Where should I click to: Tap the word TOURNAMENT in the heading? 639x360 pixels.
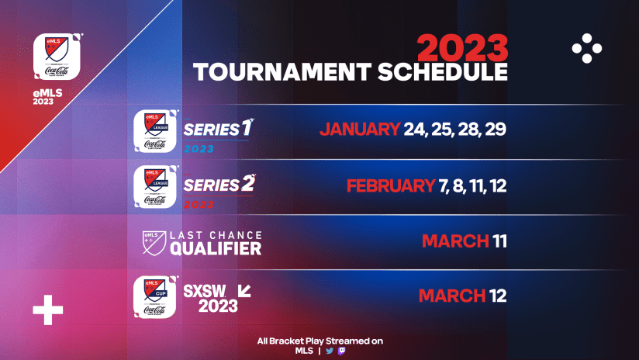click(280, 73)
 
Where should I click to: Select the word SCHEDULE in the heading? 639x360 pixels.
click(440, 73)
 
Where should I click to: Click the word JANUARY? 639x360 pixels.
click(359, 129)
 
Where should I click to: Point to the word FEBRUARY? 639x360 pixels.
click(390, 186)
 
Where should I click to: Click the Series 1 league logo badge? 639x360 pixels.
click(157, 132)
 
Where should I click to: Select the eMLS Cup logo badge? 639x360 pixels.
click(157, 296)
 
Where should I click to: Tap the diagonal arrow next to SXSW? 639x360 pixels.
click(244, 290)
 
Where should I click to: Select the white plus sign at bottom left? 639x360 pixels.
click(47, 313)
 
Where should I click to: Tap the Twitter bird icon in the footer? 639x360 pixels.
click(330, 351)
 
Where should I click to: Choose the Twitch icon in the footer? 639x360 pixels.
click(342, 351)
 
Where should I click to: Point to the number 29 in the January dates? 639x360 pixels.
click(495, 129)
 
